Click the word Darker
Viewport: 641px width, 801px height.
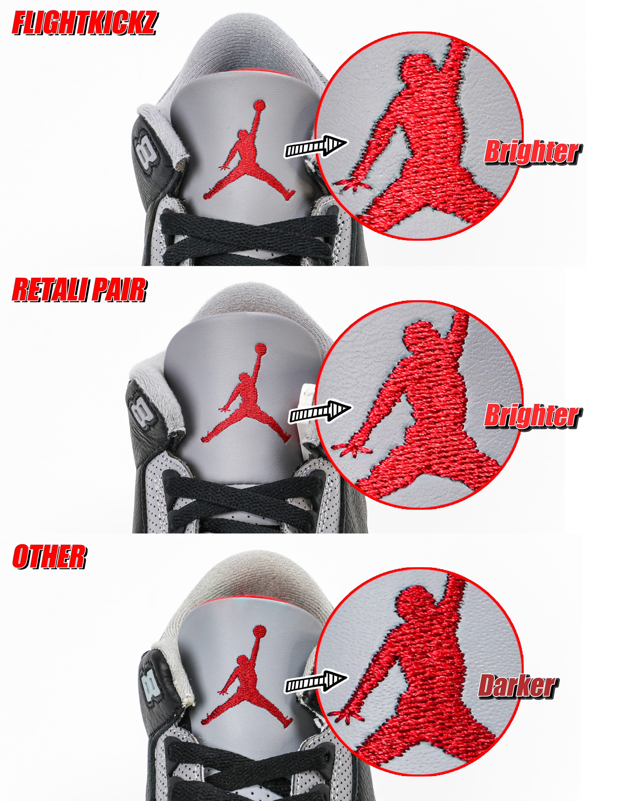pos(517,686)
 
